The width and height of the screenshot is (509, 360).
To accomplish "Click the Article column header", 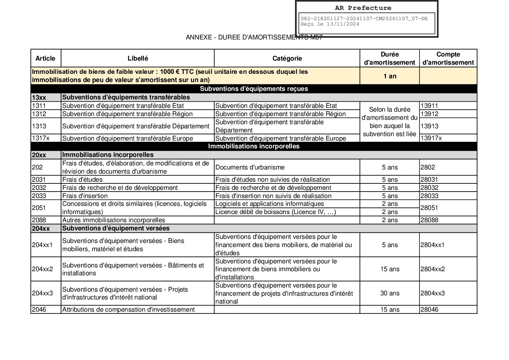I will pyautogui.click(x=45, y=58).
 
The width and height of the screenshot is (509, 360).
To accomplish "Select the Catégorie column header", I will pyautogui.click(x=287, y=58).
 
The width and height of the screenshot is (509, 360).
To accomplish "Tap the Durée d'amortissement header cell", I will pyautogui.click(x=390, y=58).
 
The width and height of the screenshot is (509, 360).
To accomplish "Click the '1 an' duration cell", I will pyautogui.click(x=390, y=76).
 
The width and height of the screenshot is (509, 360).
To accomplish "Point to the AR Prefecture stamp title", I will pyautogui.click(x=363, y=8).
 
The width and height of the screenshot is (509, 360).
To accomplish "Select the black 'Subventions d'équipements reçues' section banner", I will pyautogui.click(x=254, y=89).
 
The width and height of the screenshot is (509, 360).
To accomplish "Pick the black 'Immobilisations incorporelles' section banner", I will pyautogui.click(x=254, y=146).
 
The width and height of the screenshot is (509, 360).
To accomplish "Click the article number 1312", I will pyautogui.click(x=39, y=114).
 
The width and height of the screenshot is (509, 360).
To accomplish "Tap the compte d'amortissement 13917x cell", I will pyautogui.click(x=431, y=138).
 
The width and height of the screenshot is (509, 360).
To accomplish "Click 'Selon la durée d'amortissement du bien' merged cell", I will pyautogui.click(x=390, y=122).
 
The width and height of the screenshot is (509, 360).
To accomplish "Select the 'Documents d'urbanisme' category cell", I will pyautogui.click(x=250, y=167).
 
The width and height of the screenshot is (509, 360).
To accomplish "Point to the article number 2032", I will pyautogui.click(x=39, y=188).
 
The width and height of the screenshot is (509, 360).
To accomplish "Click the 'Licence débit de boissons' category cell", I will pyautogui.click(x=276, y=212).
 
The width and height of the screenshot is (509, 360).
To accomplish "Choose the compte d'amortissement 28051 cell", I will pyautogui.click(x=429, y=208).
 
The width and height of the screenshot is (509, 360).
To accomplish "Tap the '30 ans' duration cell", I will pyautogui.click(x=390, y=293).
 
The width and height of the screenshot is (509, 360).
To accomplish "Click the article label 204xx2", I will pyautogui.click(x=42, y=269).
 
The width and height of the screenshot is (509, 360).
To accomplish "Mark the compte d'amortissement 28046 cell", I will pyautogui.click(x=429, y=310).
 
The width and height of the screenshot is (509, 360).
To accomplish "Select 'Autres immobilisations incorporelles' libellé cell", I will pyautogui.click(x=114, y=220).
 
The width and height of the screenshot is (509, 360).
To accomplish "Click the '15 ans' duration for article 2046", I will pyautogui.click(x=390, y=310).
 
